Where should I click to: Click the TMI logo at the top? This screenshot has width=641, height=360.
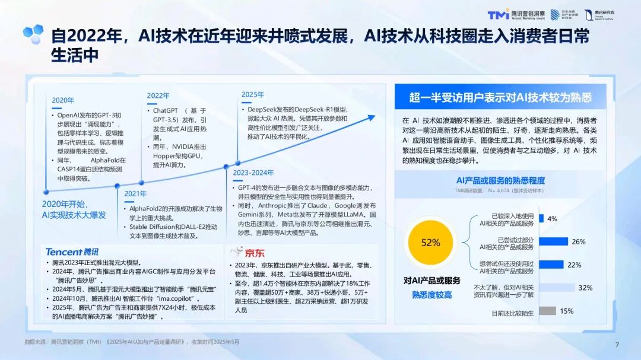tap(498, 14)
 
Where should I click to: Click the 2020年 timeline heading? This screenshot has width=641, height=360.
tap(63, 100)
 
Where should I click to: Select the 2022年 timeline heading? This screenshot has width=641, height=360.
tap(158, 95)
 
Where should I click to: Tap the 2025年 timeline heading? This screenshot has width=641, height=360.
tap(253, 94)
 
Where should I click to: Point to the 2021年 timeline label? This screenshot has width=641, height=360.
tap(135, 193)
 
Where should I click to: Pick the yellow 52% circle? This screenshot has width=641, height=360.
tap(430, 242)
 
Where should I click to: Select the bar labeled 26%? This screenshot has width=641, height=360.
tap(553, 241)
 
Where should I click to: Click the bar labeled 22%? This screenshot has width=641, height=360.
tap(551, 265)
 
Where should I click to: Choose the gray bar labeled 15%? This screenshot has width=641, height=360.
tap(547, 311)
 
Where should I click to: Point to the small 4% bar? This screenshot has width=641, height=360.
tap(542, 218)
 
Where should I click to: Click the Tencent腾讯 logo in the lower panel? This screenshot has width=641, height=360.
tap(72, 251)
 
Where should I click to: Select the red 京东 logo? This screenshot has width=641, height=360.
tap(246, 253)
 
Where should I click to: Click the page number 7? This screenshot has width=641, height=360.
tap(617, 345)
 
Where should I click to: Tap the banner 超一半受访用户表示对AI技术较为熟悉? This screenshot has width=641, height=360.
tap(500, 97)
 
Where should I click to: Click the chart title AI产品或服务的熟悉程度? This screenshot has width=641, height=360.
tap(500, 180)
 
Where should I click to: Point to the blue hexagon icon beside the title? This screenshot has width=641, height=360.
tap(34, 32)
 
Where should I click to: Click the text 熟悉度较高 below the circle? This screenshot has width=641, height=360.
tap(431, 295)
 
